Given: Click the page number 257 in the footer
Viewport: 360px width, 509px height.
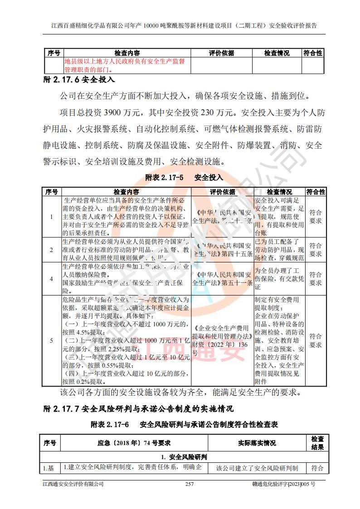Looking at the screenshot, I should tap(190, 484).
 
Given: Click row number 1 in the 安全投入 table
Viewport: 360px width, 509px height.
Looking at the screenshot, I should tap(51, 216).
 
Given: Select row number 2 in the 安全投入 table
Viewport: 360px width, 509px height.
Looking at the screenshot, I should tap(51, 249).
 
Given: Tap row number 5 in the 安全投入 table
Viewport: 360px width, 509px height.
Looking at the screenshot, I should tap(51, 340).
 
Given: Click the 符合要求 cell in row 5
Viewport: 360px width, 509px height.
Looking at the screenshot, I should tap(316, 340).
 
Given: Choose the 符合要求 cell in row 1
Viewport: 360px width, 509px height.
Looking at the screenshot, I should tap(316, 216).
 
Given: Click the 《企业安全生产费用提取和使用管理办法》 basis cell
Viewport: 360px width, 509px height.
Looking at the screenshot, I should tap(222, 340).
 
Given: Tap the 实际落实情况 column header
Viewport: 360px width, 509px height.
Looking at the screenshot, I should tap(257, 443).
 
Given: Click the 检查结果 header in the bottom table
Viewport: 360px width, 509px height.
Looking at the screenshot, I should tap(317, 443).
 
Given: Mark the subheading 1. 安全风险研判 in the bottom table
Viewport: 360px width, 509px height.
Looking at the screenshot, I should tap(184, 457).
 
